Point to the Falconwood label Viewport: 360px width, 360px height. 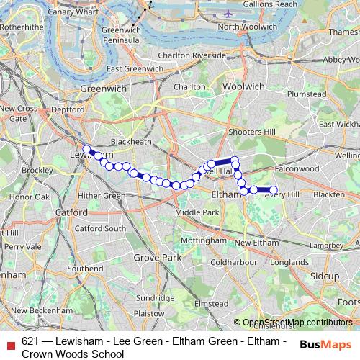(297, 168)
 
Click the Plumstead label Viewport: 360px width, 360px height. (306, 94)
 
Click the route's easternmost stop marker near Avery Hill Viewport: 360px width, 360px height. (274, 190)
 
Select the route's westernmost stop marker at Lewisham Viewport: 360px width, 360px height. (86, 149)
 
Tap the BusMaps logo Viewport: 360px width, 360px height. (327, 343)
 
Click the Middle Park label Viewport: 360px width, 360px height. (201, 212)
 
